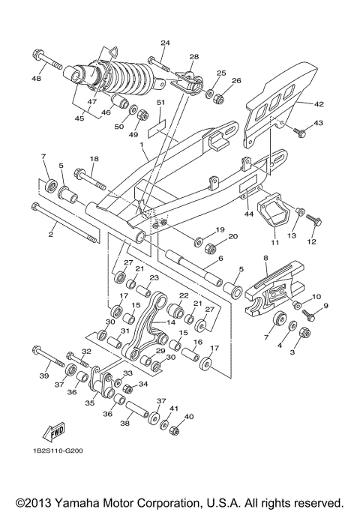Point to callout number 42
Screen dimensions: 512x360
pos(318,104)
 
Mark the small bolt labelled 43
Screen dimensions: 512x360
pos(301,133)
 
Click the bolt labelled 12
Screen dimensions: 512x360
pos(313,220)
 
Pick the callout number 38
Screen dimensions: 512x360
pos(124,423)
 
